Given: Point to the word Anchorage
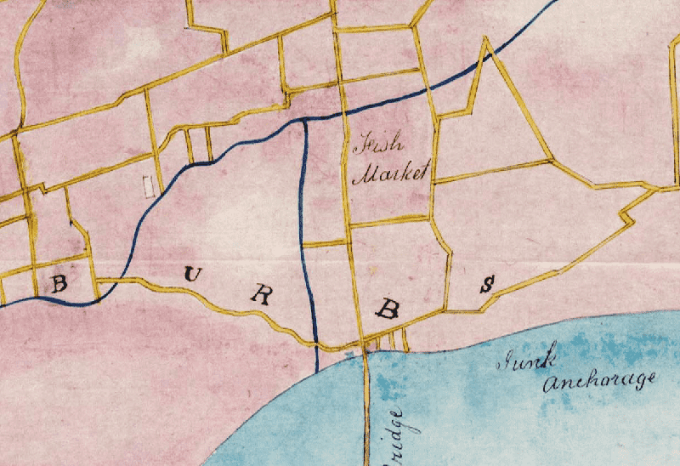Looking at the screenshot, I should point(600,382).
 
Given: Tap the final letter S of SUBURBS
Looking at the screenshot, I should point(487,285).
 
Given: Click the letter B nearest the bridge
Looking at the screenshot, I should point(388,309).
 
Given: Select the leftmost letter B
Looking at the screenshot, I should point(59,283).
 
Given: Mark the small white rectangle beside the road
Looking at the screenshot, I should point(150,186).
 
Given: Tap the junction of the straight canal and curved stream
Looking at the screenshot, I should point(304,122).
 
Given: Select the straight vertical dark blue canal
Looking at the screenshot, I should point(305,238).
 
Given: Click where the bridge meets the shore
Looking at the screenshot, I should point(366,351).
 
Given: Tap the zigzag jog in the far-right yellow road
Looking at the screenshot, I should point(628,218).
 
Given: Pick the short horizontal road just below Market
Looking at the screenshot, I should point(391,223).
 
